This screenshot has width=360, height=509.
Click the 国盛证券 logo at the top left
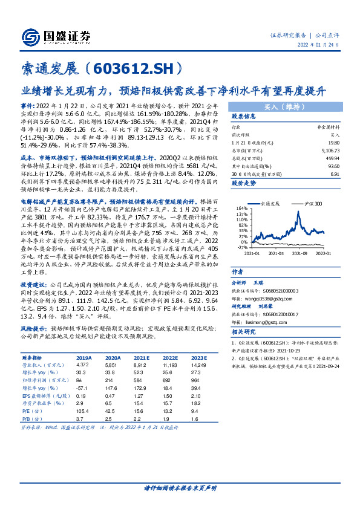click(x=54, y=34)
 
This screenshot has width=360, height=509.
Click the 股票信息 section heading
click(x=244, y=117)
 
